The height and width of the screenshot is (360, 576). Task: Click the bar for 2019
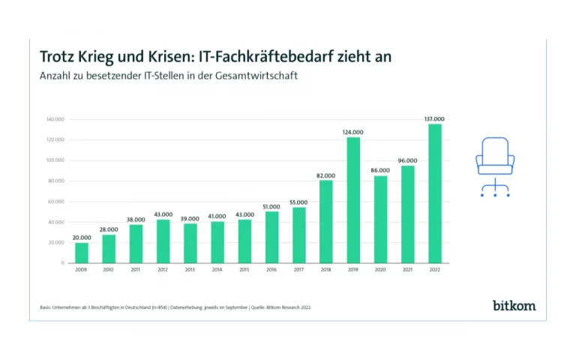pos(353,200)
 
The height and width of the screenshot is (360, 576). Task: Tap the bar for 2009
pos(81,253)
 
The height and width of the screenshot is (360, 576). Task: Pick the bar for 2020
pos(380,220)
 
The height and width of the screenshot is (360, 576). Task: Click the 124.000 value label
pos(353,133)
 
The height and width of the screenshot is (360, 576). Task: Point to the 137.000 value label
pos(434,119)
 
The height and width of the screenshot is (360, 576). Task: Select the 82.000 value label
pos(325,175)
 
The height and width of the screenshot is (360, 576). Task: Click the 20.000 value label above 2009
pos(81,238)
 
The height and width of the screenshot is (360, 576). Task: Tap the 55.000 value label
pos(298,202)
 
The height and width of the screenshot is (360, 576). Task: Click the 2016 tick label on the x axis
pos(271,270)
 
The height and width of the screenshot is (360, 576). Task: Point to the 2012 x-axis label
pos(163,270)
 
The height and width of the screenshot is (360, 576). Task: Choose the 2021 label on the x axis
pos(407,270)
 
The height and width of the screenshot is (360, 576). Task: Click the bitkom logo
pos(514,305)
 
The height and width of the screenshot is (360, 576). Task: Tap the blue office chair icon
pos(495,166)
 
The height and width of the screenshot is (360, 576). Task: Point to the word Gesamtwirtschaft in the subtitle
pos(256,76)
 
